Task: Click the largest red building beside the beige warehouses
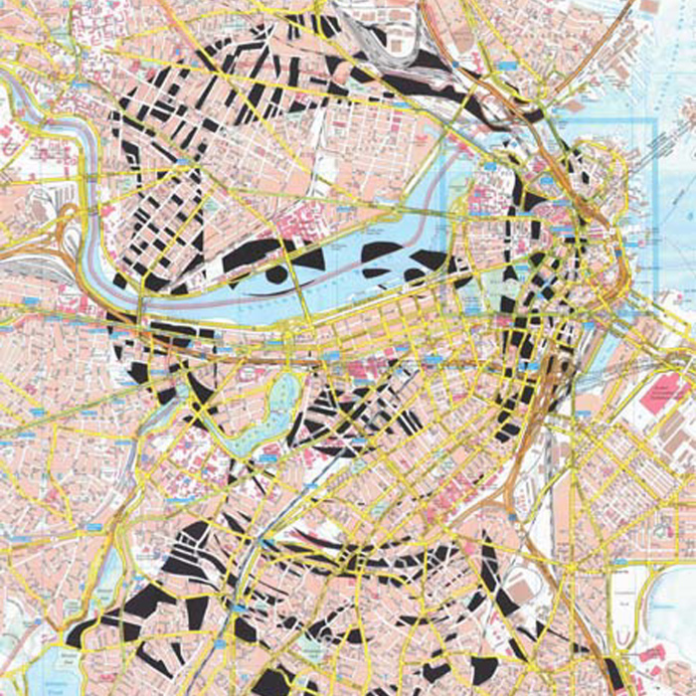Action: tap(664, 394)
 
